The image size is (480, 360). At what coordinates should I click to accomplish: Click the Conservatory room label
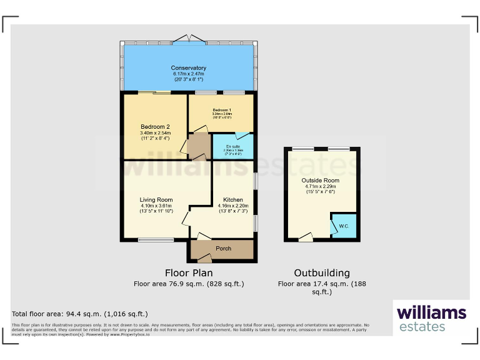189,68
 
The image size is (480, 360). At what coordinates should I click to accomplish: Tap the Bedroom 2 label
155,127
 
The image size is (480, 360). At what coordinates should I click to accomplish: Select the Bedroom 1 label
221,109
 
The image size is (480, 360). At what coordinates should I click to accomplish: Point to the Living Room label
156,200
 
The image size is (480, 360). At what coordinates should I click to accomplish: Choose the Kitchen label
232,200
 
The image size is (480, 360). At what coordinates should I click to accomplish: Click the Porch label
223,249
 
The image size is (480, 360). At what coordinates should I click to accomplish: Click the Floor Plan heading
189,273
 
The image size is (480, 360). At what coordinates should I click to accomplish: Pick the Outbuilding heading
322,273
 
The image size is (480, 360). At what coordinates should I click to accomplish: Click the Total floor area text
80,314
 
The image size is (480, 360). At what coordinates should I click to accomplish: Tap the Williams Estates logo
431,317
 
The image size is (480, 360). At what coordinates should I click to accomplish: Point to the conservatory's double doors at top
189,39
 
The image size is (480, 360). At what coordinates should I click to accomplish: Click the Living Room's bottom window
156,239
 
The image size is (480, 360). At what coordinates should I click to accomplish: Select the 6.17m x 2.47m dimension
189,74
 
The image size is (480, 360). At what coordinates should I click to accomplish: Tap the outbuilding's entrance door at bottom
306,238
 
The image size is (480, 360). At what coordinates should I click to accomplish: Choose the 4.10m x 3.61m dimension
156,206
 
